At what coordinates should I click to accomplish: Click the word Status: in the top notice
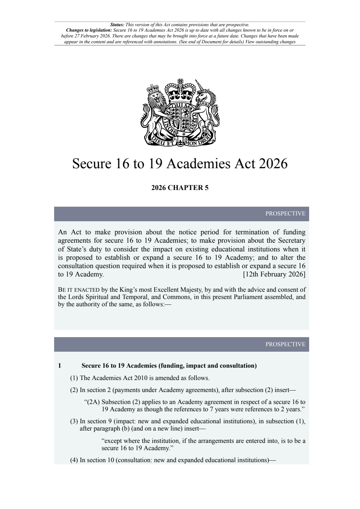(117, 25)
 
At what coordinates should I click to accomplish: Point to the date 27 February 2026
(84, 36)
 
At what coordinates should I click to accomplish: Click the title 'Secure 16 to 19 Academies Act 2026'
(180, 163)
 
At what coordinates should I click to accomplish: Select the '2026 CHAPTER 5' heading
(180, 188)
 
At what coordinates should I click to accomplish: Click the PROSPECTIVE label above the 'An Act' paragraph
(285, 214)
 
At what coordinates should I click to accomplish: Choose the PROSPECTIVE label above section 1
(285, 344)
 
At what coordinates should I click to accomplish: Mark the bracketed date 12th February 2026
(274, 274)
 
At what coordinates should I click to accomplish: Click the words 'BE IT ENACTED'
(78, 290)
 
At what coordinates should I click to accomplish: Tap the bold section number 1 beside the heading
(60, 366)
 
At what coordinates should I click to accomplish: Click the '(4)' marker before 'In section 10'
(74, 460)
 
